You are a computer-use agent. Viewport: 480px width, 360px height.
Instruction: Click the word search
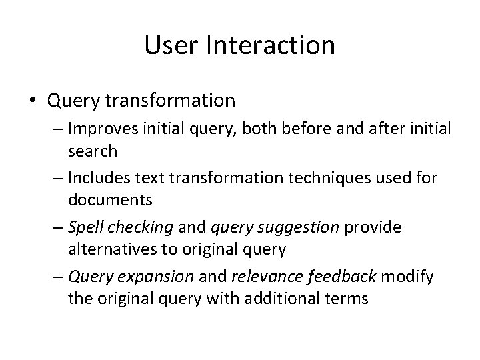(x=93, y=151)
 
